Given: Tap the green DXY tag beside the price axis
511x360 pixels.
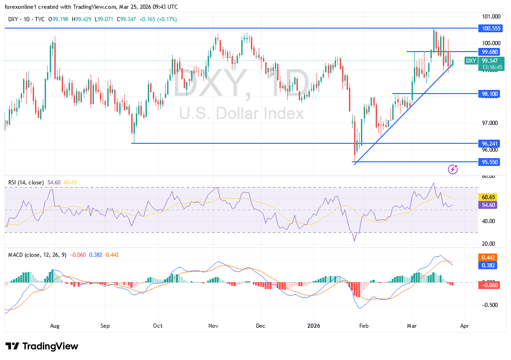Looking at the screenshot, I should [x=471, y=61].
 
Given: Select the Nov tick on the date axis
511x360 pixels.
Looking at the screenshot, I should [x=213, y=325].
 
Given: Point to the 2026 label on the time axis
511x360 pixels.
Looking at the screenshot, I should [x=314, y=325].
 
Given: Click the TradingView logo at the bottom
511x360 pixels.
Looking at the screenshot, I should [x=42, y=346].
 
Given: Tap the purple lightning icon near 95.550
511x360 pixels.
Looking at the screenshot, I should [x=453, y=169].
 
